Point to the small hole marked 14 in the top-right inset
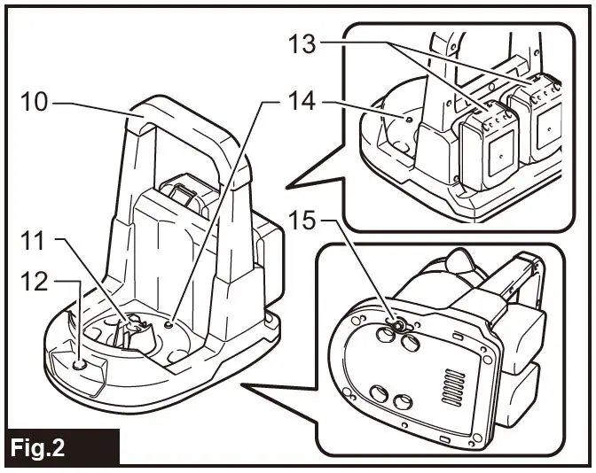point(409,118)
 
